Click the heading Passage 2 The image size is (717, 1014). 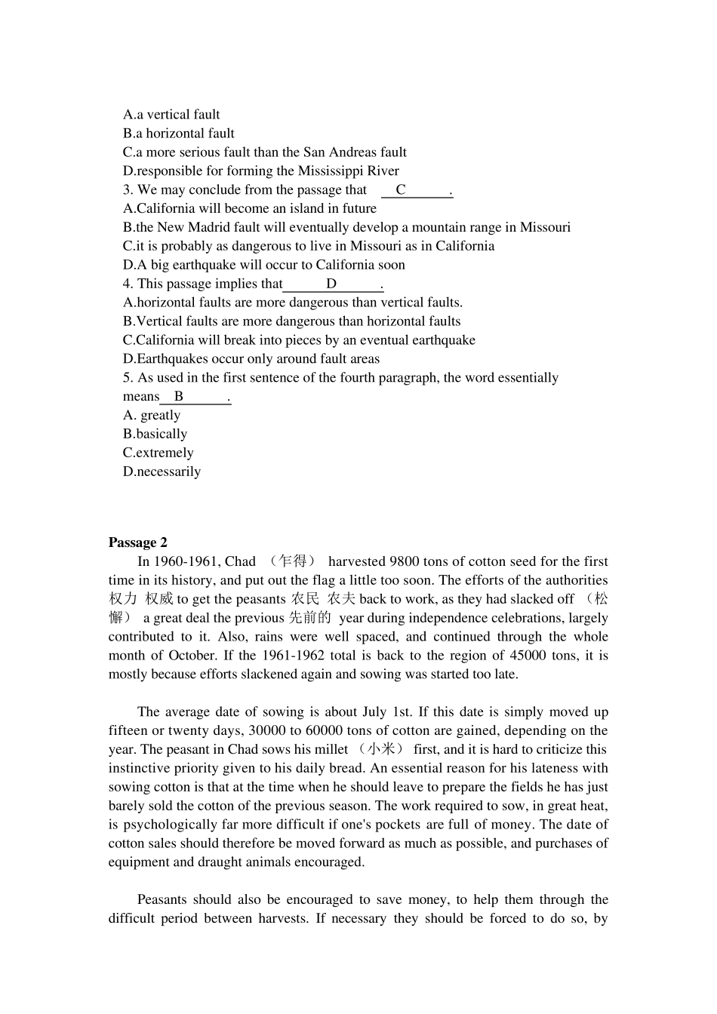pyautogui.click(x=137, y=542)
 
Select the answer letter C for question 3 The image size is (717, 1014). pyautogui.click(x=401, y=190)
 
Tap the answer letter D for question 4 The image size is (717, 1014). pyautogui.click(x=331, y=284)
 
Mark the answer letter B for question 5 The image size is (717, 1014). pyautogui.click(x=179, y=397)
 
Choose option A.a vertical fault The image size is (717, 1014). pyautogui.click(x=171, y=115)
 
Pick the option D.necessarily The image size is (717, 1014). pyautogui.click(x=162, y=472)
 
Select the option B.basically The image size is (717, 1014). pyautogui.click(x=155, y=434)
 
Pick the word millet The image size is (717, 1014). pyautogui.click(x=331, y=749)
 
